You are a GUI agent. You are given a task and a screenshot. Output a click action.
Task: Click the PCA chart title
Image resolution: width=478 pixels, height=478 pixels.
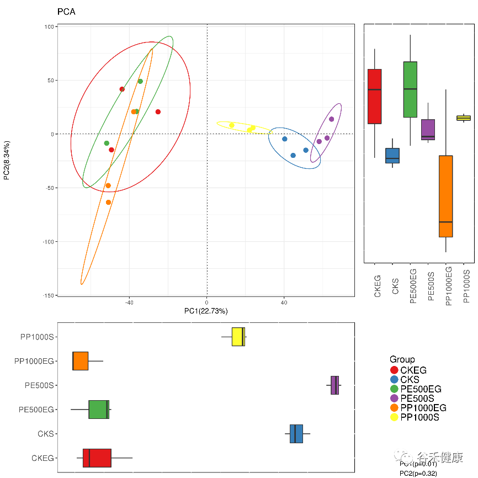click(66, 12)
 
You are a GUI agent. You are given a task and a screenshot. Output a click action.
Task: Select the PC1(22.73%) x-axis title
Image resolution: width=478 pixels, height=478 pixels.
click(206, 311)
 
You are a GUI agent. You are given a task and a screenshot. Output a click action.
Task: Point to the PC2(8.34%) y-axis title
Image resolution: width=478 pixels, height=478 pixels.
click(7, 160)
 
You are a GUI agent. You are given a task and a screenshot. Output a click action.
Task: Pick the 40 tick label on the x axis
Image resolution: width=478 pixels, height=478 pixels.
click(284, 302)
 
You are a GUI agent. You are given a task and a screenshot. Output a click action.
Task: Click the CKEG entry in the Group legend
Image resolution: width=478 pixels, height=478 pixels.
click(413, 370)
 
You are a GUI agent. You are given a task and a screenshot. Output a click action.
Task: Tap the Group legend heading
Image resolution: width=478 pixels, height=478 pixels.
click(402, 359)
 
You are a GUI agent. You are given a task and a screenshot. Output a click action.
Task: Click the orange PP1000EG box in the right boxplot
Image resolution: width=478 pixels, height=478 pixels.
click(446, 196)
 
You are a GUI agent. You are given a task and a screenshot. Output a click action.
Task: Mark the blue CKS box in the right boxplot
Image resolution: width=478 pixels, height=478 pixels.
click(392, 156)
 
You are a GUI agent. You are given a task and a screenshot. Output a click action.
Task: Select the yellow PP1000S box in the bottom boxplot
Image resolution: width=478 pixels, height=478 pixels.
click(238, 337)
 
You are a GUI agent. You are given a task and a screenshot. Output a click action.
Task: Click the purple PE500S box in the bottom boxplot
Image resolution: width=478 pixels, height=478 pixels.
click(334, 385)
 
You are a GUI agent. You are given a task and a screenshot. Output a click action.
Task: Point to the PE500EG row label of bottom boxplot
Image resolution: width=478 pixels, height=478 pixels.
click(36, 410)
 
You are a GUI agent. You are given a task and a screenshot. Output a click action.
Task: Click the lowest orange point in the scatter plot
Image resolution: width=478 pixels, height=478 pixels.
click(109, 203)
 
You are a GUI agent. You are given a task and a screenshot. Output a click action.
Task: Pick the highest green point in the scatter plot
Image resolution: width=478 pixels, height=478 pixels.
click(140, 82)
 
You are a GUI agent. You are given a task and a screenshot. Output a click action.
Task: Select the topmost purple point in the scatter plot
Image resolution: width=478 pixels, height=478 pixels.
click(332, 119)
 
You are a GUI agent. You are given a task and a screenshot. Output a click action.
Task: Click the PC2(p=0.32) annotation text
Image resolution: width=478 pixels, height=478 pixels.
click(418, 474)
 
